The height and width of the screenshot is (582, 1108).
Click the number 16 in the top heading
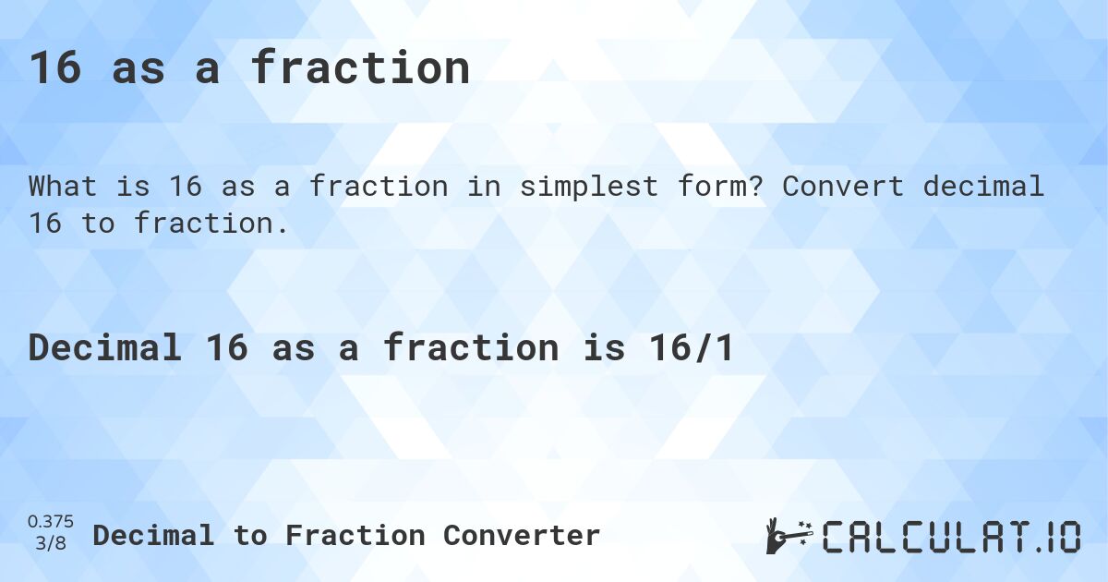click(55, 67)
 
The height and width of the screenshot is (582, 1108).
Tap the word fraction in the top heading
click(360, 67)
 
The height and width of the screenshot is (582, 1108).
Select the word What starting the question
click(63, 186)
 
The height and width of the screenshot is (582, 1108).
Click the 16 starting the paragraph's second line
click(45, 223)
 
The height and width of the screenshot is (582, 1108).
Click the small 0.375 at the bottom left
click(51, 523)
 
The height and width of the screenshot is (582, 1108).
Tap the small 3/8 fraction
click(51, 543)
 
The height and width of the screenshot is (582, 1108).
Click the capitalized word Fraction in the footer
click(355, 535)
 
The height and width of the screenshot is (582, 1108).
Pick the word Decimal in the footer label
click(152, 535)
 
